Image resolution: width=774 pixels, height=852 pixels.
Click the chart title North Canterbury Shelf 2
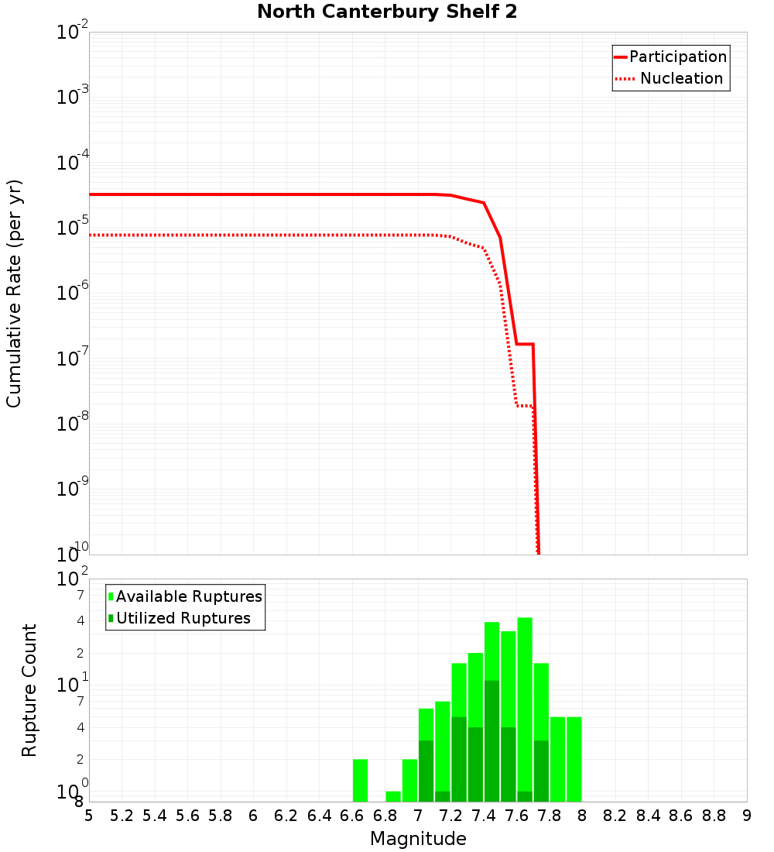pos(387,12)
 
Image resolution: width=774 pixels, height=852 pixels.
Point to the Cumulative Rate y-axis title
pos(14,293)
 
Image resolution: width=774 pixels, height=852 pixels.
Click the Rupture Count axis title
pos(29,690)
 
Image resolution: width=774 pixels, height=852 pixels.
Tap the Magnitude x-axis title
pos(418,839)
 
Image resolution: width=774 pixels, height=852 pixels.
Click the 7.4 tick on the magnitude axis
pos(484,816)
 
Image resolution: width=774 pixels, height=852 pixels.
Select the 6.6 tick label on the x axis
pos(352,816)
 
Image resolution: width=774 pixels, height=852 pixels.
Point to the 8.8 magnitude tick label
pos(714,816)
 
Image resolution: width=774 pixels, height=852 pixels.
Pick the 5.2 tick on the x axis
pos(122,816)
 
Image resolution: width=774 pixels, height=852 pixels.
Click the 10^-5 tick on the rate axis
pos(73,228)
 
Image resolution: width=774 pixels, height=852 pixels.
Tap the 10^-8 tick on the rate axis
pos(73,424)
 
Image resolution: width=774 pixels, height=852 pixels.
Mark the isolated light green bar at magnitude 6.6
pos(360,780)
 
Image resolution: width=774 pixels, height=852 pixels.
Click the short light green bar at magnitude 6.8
pos(393,796)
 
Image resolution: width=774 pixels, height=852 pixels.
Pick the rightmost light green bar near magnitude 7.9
pos(574,759)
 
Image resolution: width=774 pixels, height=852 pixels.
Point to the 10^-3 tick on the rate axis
pos(73,98)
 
